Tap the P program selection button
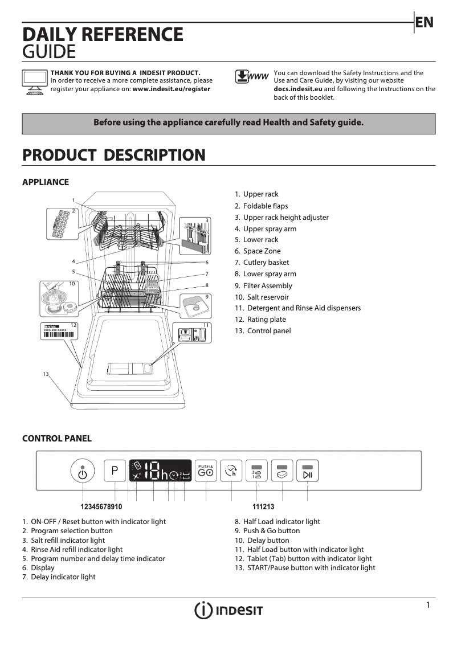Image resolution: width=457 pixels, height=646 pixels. (x=115, y=471)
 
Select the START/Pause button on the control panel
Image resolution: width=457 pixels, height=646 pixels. (x=308, y=472)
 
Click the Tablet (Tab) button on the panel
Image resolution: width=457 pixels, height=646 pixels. (x=282, y=472)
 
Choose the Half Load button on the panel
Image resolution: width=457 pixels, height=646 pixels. (x=256, y=472)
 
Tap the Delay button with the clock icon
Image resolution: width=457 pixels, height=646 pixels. (x=231, y=471)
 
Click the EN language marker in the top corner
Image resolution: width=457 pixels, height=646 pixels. (x=425, y=22)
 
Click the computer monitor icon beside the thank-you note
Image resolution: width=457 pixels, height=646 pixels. (x=34, y=82)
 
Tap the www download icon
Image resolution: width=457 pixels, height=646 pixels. (x=251, y=77)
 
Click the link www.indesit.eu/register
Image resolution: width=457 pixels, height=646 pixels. (x=171, y=89)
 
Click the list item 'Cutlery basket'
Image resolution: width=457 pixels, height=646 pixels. (x=266, y=263)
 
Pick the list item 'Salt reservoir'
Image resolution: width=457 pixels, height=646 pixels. (x=267, y=297)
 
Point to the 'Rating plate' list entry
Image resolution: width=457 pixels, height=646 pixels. (x=266, y=320)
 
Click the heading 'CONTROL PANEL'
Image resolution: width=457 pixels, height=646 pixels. (x=56, y=439)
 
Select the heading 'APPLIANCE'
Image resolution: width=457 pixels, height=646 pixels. (x=45, y=182)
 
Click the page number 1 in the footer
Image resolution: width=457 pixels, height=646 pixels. (x=428, y=605)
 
